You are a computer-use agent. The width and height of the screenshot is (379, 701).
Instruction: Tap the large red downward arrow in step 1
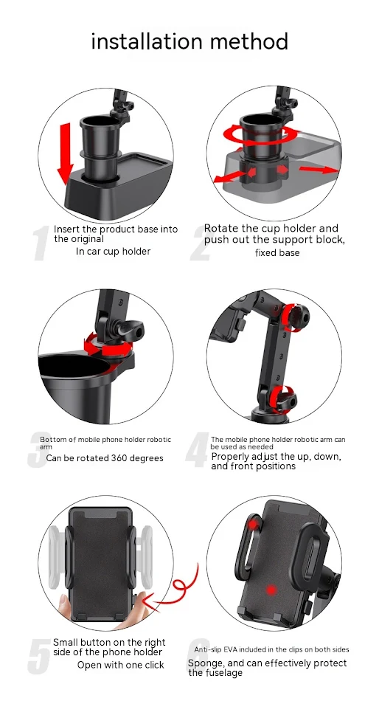point(65,153)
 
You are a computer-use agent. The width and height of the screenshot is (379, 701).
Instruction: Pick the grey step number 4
point(198,450)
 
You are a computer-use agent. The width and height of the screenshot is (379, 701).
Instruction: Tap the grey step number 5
point(39,656)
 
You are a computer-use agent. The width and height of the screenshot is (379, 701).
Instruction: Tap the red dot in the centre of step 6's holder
point(271,590)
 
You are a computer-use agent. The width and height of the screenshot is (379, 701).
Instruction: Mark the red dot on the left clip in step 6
point(254,524)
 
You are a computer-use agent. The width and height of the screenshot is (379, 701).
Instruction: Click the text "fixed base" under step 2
point(277,252)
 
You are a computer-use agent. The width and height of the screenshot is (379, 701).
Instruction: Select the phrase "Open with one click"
point(121,665)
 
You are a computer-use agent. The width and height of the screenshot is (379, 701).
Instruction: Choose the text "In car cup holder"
point(113,251)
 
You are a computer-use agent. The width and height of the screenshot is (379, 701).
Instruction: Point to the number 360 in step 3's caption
point(119,457)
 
